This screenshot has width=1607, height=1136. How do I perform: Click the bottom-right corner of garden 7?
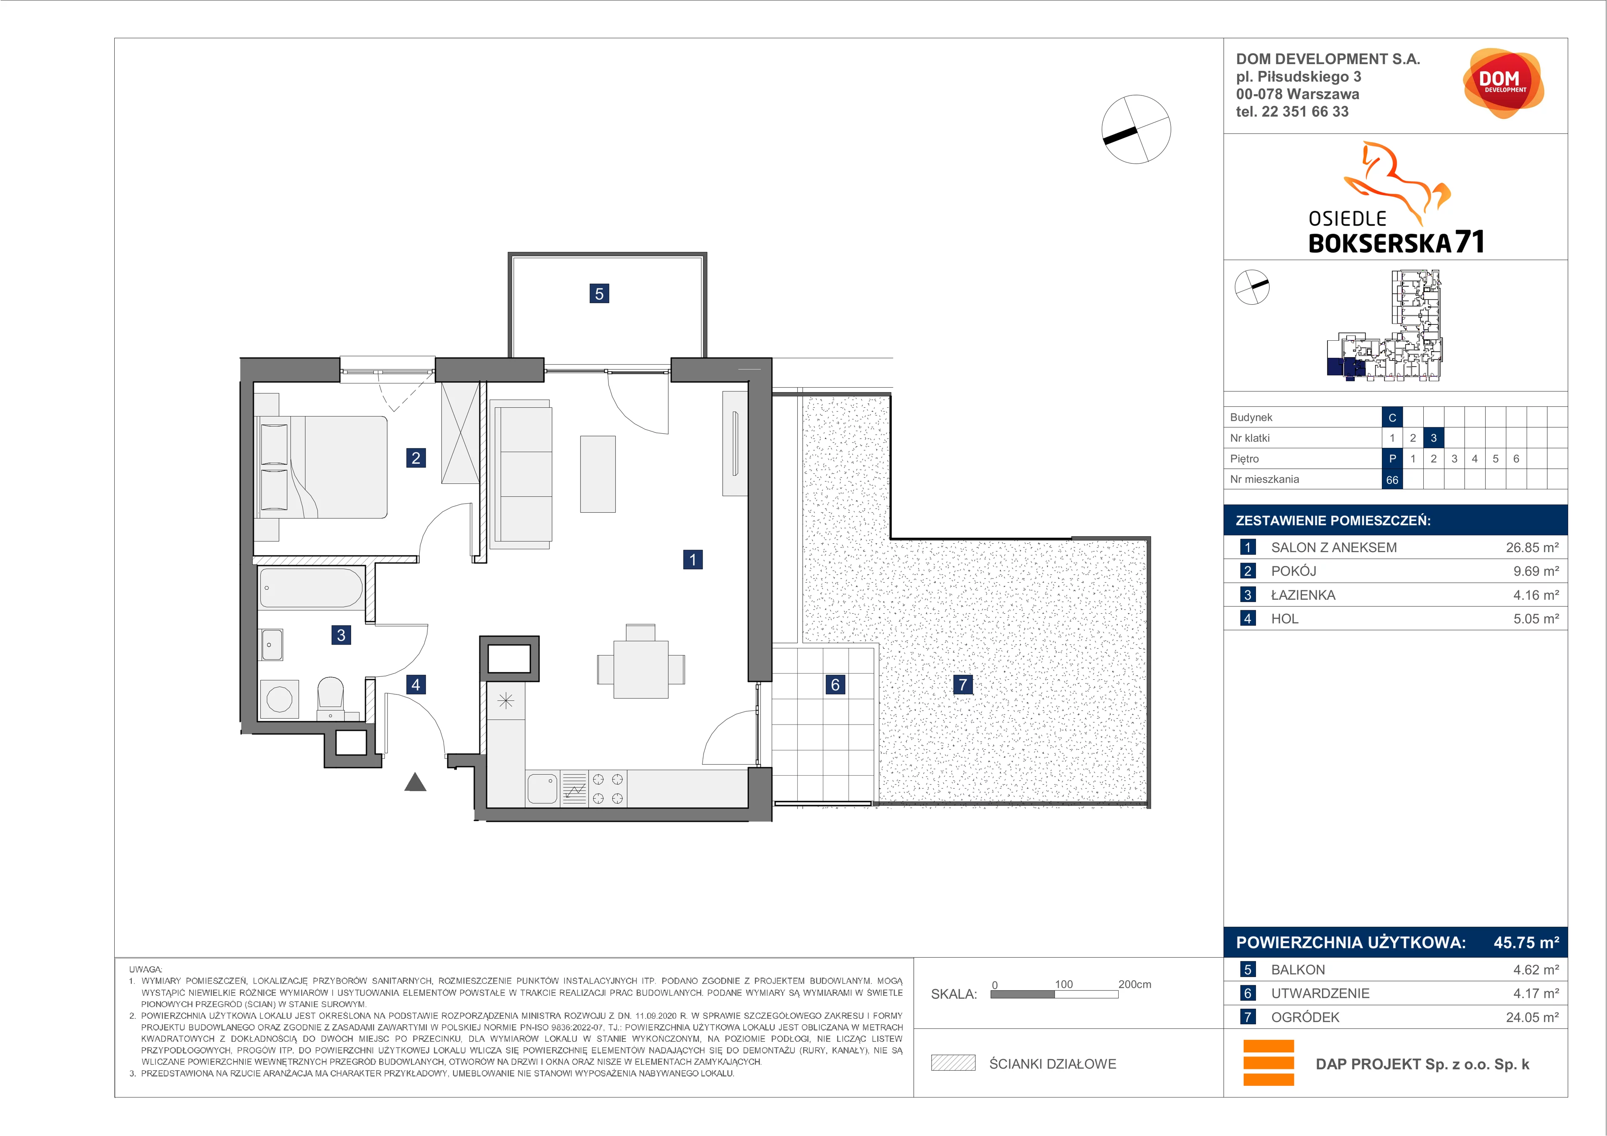(1150, 808)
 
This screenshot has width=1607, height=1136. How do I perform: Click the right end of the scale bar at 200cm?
(1118, 994)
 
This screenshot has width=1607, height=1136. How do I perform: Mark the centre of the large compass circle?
(1136, 129)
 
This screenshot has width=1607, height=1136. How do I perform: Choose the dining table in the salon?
(640, 669)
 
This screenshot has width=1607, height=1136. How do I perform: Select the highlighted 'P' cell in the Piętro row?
(1392, 458)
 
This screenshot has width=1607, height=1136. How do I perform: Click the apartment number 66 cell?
(1392, 479)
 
